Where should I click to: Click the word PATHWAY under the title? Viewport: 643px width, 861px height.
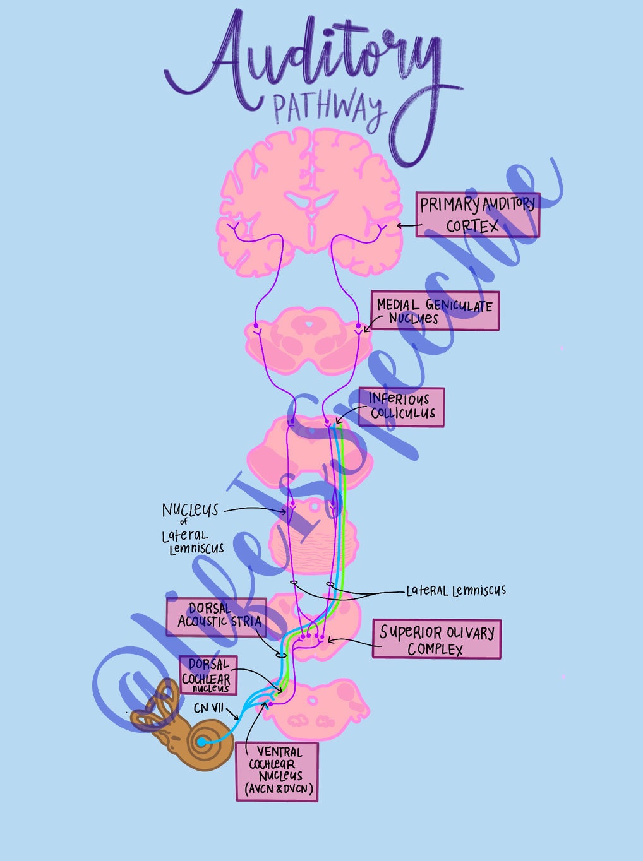coord(328,109)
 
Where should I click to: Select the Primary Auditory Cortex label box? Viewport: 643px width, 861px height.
coord(478,215)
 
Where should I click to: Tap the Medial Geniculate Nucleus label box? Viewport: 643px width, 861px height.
coord(435,311)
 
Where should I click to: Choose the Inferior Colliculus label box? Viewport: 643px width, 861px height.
coord(401,407)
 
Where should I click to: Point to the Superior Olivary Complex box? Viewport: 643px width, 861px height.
coord(436,639)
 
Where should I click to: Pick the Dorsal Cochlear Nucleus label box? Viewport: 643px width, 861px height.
coord(208,675)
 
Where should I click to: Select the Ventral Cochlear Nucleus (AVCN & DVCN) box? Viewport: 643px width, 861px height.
coord(277,771)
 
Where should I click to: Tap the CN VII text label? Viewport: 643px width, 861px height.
coord(208,708)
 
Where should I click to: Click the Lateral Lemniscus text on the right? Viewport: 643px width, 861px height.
coord(455,591)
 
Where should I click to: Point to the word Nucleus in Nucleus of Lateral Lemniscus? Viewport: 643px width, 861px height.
coord(189,510)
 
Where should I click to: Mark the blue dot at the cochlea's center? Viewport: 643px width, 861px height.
coord(201,742)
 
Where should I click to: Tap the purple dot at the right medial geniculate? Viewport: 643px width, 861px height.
coord(358,326)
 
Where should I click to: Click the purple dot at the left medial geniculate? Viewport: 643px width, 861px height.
coord(256,326)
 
